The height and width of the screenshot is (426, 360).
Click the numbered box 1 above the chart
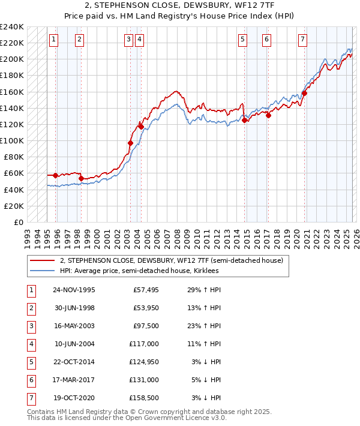(53, 40)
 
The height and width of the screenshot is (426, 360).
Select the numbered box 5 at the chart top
(242, 40)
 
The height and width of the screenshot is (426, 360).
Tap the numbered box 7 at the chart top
(302, 40)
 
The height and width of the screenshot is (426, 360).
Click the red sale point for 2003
(130, 143)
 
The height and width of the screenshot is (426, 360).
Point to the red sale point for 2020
(305, 93)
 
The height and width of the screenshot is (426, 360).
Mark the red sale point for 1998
(81, 178)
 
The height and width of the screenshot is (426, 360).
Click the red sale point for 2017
(268, 115)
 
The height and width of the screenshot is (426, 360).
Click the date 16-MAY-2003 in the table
(74, 327)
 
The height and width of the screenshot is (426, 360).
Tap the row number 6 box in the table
(31, 380)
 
